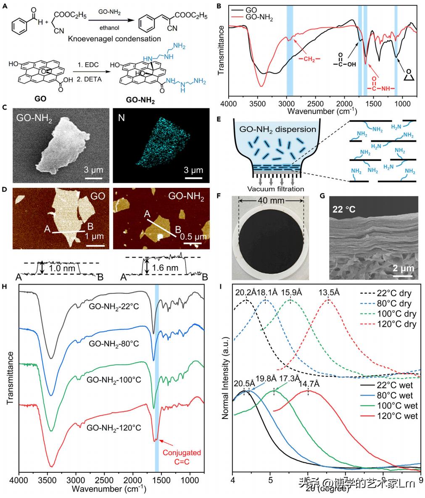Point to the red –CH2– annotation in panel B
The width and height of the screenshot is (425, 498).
[x=310, y=59]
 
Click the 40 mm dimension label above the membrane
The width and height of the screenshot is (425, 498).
[x=271, y=200]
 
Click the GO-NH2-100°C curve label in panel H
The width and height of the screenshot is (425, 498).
[x=114, y=380]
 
